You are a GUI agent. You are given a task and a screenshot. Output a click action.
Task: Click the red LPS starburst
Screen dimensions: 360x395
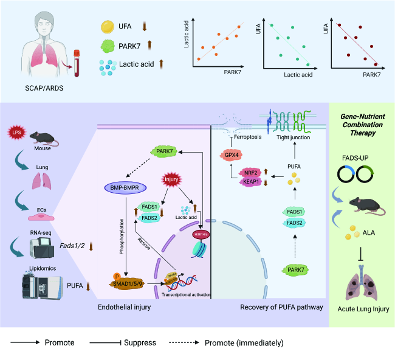tap(17, 132)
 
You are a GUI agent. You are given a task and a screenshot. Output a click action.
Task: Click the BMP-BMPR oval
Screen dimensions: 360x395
tap(126, 189)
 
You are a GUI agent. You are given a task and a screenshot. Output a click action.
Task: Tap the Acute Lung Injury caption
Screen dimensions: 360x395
tap(363, 309)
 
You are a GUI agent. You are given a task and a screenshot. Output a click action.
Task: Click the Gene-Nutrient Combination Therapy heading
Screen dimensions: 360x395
tap(363, 124)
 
